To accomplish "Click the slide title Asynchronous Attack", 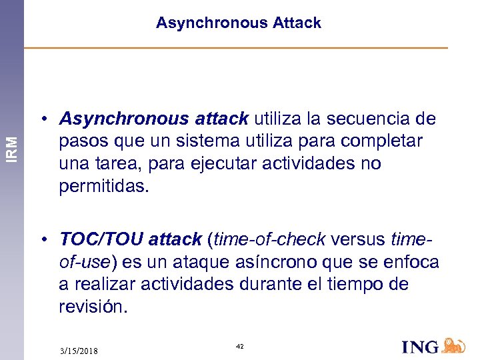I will click(239, 23).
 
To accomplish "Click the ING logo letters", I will click(421, 347).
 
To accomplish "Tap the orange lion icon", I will click(454, 345).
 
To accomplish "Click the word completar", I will click(382, 142).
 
